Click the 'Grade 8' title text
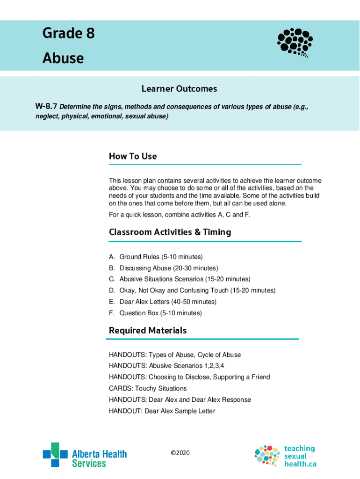pos(69,34)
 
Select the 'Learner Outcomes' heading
pos(180,89)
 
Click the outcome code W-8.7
pos(46,107)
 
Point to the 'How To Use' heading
pos(133,156)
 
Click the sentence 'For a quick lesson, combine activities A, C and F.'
pos(180,215)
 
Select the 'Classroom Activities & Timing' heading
pos(170,232)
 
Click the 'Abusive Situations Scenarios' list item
pos(185,279)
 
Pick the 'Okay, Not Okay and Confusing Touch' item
pos(197,290)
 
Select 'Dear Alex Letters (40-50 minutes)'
pos(168,302)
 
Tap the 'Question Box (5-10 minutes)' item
pos(160,313)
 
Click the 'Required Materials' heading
pos(148,330)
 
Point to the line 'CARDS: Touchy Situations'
pos(148,388)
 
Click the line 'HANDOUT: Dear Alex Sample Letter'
pos(162,411)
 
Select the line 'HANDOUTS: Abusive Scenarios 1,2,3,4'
pos(170,366)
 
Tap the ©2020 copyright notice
pos(180,453)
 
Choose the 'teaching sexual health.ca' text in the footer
pos(300,456)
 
